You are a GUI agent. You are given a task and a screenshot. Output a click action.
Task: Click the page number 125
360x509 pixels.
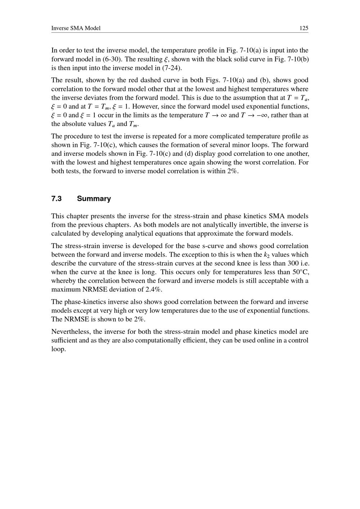click(304, 28)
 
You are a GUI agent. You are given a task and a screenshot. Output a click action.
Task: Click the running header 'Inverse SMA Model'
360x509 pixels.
click(76, 28)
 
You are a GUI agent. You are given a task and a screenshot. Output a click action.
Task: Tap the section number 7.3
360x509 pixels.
click(57, 199)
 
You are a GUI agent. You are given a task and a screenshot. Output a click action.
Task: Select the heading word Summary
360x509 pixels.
click(94, 199)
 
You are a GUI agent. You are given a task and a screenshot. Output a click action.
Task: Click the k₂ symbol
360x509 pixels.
click(267, 255)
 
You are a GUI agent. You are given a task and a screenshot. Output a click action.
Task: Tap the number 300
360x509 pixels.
click(288, 263)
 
